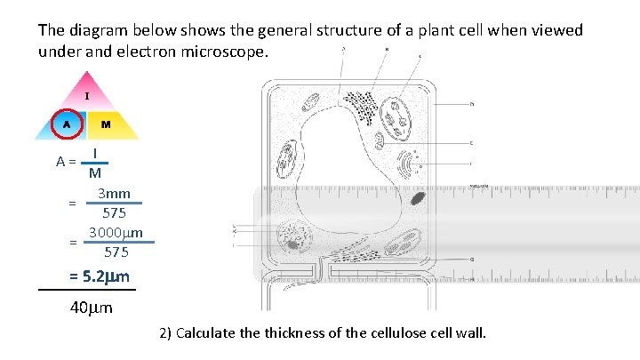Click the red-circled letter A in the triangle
pyautogui.click(x=67, y=124)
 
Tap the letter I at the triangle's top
pyautogui.click(x=86, y=95)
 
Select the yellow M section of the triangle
pyautogui.click(x=107, y=124)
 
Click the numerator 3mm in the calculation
pyautogui.click(x=114, y=194)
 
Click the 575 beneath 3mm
pyautogui.click(x=114, y=213)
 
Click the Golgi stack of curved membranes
pyautogui.click(x=410, y=165)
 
